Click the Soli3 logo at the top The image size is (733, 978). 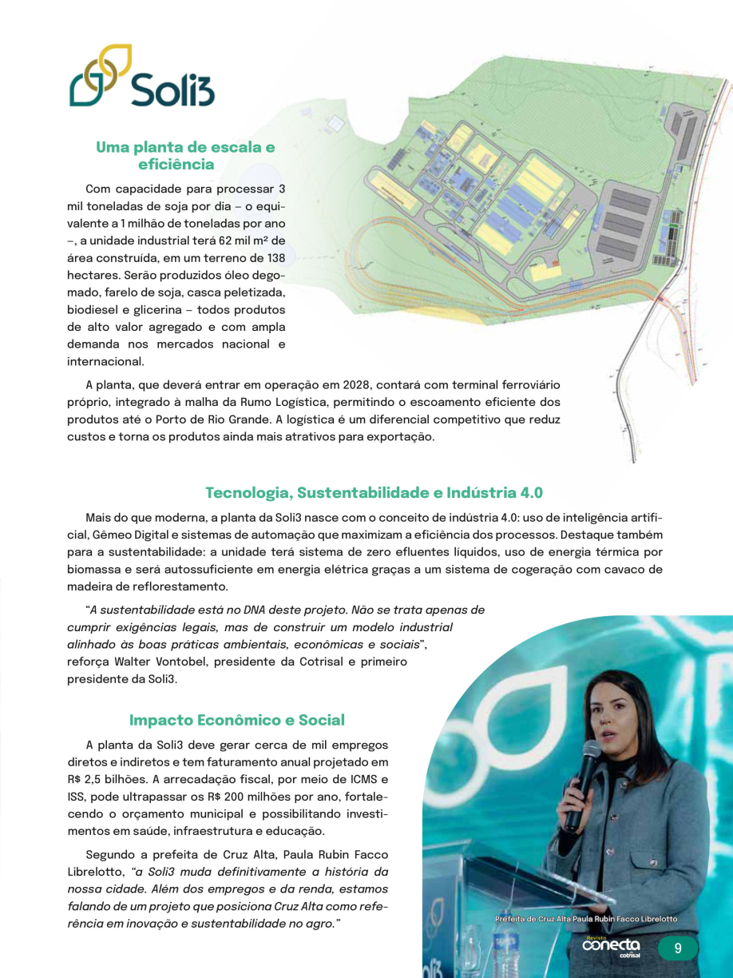click(x=142, y=78)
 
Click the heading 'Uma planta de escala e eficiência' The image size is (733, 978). click(x=185, y=156)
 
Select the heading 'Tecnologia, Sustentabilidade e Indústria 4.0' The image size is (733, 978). click(x=374, y=492)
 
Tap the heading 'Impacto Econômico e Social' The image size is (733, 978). click(x=237, y=720)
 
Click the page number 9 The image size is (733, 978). click(x=678, y=948)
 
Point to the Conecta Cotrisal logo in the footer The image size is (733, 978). click(x=612, y=946)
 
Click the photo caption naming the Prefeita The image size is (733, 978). click(x=585, y=919)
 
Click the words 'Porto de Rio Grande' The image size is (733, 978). click(x=328, y=419)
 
